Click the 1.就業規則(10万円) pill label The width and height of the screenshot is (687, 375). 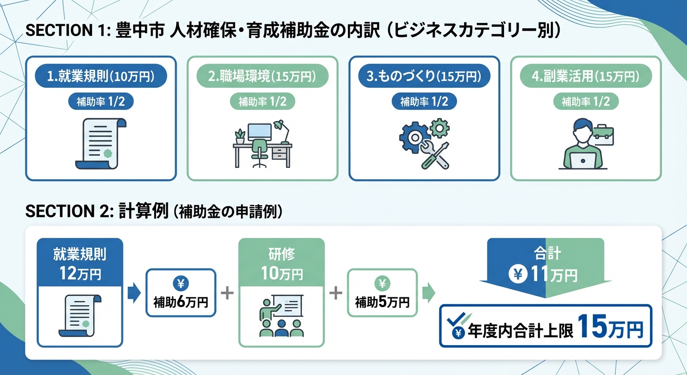tap(101, 77)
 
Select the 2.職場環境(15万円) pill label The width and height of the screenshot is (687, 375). tap(263, 77)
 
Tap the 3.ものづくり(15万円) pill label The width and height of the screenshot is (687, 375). tap(424, 77)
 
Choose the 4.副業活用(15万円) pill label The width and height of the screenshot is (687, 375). tap(586, 77)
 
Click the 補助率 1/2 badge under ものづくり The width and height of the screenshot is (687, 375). tap(424, 102)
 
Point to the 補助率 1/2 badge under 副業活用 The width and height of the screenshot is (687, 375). tap(586, 102)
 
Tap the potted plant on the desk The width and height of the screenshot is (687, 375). tap(240, 135)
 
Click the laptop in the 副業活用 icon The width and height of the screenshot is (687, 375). tap(584, 160)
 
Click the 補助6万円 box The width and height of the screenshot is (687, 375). tap(181, 293)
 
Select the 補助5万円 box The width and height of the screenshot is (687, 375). tap(382, 293)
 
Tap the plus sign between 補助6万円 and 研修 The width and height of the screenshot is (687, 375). tap(226, 293)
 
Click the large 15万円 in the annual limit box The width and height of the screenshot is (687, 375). tap(610, 326)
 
